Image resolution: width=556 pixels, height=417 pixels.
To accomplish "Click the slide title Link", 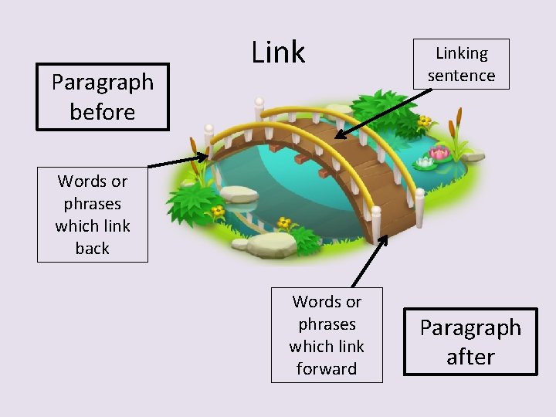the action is [x=279, y=53].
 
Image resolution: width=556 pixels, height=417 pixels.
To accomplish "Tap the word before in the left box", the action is [x=102, y=113].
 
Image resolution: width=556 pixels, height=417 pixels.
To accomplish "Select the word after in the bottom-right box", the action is [x=470, y=358].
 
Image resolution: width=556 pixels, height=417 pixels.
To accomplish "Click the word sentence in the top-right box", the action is [x=461, y=76].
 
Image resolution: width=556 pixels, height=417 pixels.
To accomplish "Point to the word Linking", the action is [x=462, y=53].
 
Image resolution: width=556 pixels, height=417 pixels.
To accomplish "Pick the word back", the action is [x=93, y=249].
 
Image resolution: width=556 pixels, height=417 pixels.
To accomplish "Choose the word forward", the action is [x=327, y=369].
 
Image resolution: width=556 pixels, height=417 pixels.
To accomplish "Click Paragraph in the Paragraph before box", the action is [x=103, y=82].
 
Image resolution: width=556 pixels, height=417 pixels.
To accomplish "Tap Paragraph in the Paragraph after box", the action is [x=470, y=327].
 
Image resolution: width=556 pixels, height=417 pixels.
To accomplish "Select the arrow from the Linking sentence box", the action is [x=382, y=113].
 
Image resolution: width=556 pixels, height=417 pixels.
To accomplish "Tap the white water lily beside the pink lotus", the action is [x=425, y=163].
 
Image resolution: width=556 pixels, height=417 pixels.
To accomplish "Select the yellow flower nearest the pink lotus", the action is [x=424, y=121].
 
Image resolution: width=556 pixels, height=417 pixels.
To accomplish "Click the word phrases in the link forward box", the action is [x=327, y=324].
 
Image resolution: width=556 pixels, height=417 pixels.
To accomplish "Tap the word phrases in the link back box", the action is [x=93, y=204].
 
